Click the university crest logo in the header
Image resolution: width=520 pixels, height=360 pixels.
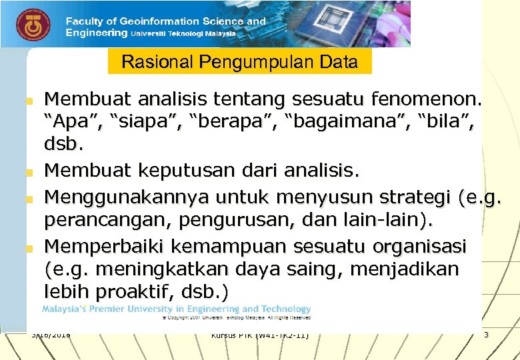point(29,25)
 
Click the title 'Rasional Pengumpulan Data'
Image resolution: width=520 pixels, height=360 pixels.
point(239,63)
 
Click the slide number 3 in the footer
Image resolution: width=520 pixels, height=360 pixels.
point(486,334)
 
